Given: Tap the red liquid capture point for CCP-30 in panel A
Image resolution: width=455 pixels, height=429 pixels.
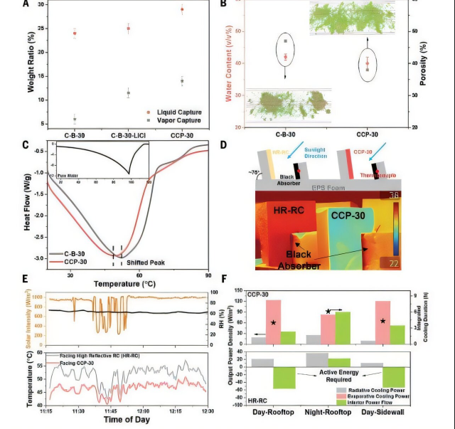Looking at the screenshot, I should [181, 10].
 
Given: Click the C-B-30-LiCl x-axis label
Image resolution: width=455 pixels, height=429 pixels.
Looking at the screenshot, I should [129, 134].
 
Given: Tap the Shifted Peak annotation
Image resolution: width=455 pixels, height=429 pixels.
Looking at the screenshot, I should [146, 262].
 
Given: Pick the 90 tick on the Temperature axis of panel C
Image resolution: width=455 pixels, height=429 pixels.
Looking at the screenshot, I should [208, 275].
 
